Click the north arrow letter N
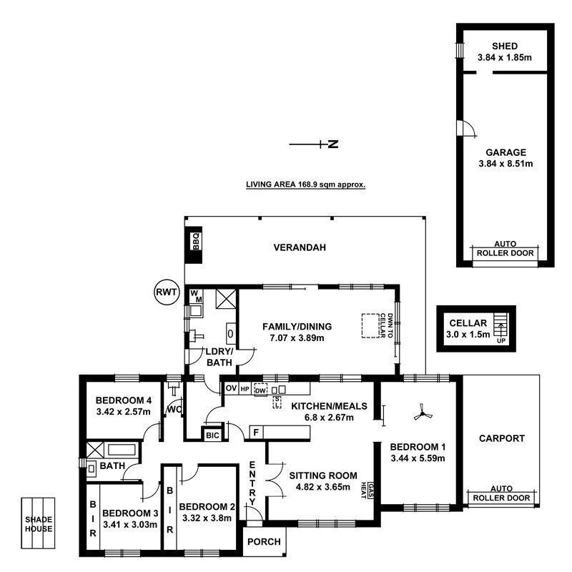click(x=332, y=144)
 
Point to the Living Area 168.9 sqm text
click(x=305, y=184)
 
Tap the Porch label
click(x=264, y=541)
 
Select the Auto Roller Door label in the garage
click(x=506, y=249)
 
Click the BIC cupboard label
click(x=212, y=434)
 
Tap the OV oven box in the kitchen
click(x=230, y=388)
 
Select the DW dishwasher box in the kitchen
click(x=260, y=390)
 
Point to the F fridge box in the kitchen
click(x=255, y=433)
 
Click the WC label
click(x=173, y=410)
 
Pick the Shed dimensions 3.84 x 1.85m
click(x=505, y=58)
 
